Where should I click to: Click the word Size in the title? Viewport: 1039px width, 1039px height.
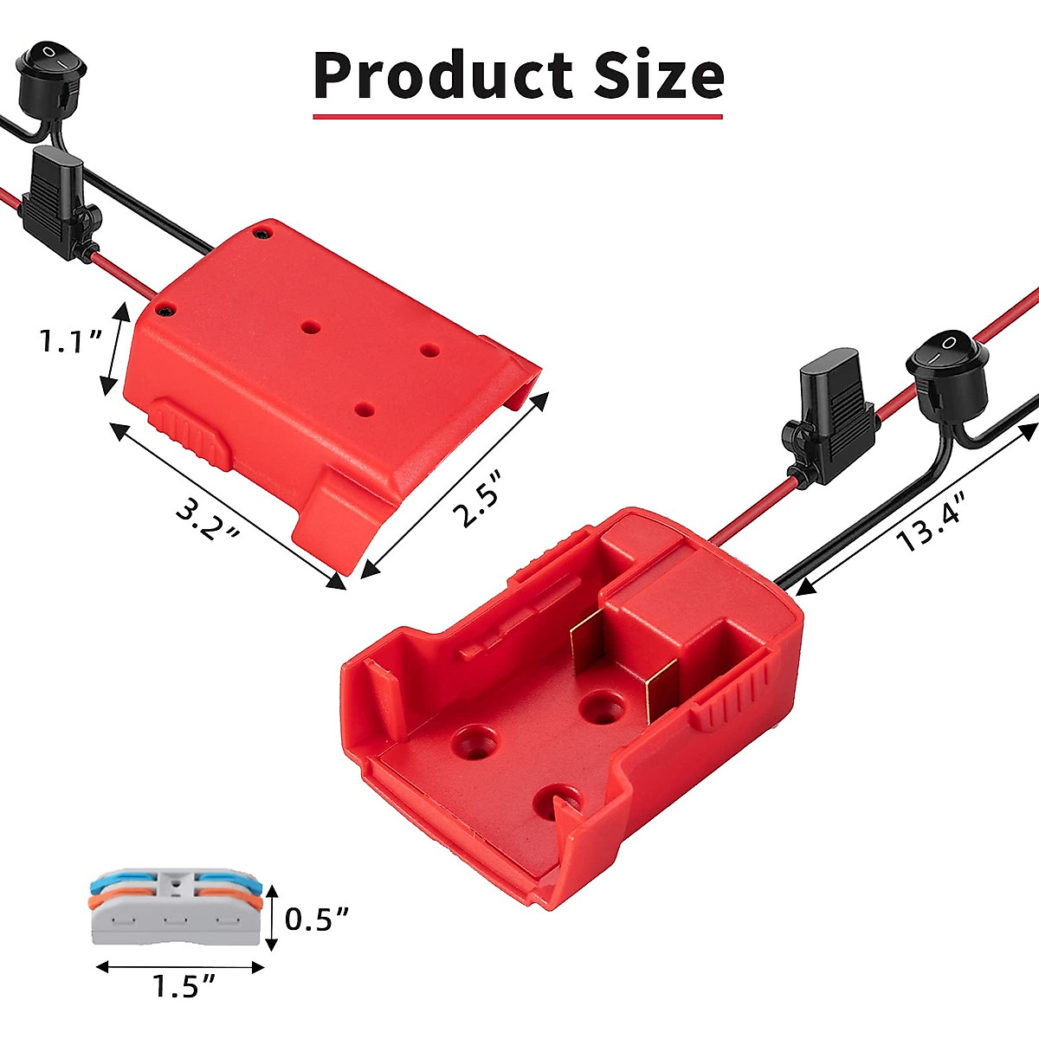(659, 75)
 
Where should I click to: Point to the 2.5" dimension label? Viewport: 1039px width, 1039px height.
(479, 500)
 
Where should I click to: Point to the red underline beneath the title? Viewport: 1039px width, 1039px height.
(518, 115)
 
